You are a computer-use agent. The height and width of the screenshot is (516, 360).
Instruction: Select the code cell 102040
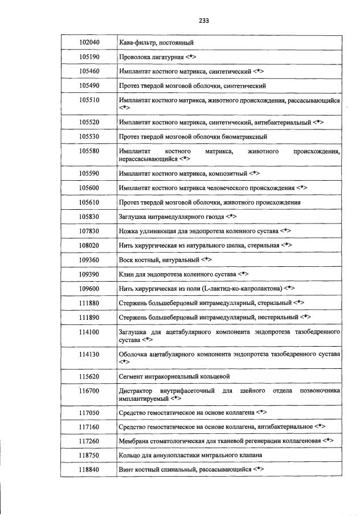89,43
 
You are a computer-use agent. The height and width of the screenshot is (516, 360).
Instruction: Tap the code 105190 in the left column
89,58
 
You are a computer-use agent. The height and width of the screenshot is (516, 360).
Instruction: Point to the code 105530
89,137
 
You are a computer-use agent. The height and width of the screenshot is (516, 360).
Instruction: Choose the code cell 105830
89,217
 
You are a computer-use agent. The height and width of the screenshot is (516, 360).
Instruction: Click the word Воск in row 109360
126,259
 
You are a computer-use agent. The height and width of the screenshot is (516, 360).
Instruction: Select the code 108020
89,245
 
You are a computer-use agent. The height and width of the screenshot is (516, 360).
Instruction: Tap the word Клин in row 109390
128,274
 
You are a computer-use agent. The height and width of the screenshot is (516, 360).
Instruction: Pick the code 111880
89,302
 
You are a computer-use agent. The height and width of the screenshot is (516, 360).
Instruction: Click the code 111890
89,316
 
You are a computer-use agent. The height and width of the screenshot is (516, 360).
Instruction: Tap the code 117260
89,441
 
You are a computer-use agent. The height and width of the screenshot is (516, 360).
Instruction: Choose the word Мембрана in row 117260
137,441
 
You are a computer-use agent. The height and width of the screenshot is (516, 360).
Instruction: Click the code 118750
89,455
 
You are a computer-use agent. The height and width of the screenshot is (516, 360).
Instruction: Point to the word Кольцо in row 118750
131,455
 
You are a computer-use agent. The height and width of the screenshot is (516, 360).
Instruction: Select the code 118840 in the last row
89,469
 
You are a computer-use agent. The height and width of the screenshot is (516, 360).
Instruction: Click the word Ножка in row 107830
130,231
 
